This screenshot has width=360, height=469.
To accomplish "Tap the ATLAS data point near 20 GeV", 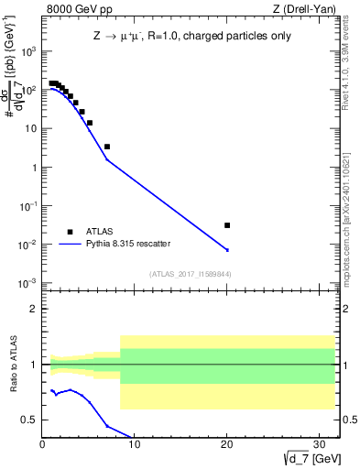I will click(x=227, y=225).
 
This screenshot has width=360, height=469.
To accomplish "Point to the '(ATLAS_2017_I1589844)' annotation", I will click(x=191, y=274).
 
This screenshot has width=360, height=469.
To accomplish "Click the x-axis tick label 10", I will click(x=135, y=444).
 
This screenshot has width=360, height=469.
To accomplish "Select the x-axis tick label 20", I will click(x=226, y=444).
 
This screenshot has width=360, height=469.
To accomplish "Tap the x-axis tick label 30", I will click(x=318, y=444).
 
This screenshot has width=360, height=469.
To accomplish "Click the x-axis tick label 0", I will click(x=43, y=444).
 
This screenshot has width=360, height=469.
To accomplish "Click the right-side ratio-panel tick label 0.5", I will click(x=348, y=420).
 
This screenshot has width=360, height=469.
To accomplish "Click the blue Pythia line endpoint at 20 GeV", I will click(x=227, y=250).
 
